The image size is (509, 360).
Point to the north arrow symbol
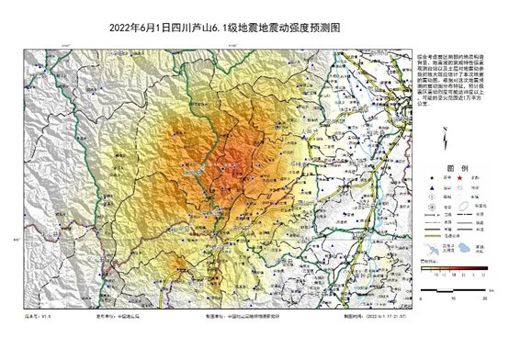click(443, 142)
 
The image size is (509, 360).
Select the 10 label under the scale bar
click(451, 298)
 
